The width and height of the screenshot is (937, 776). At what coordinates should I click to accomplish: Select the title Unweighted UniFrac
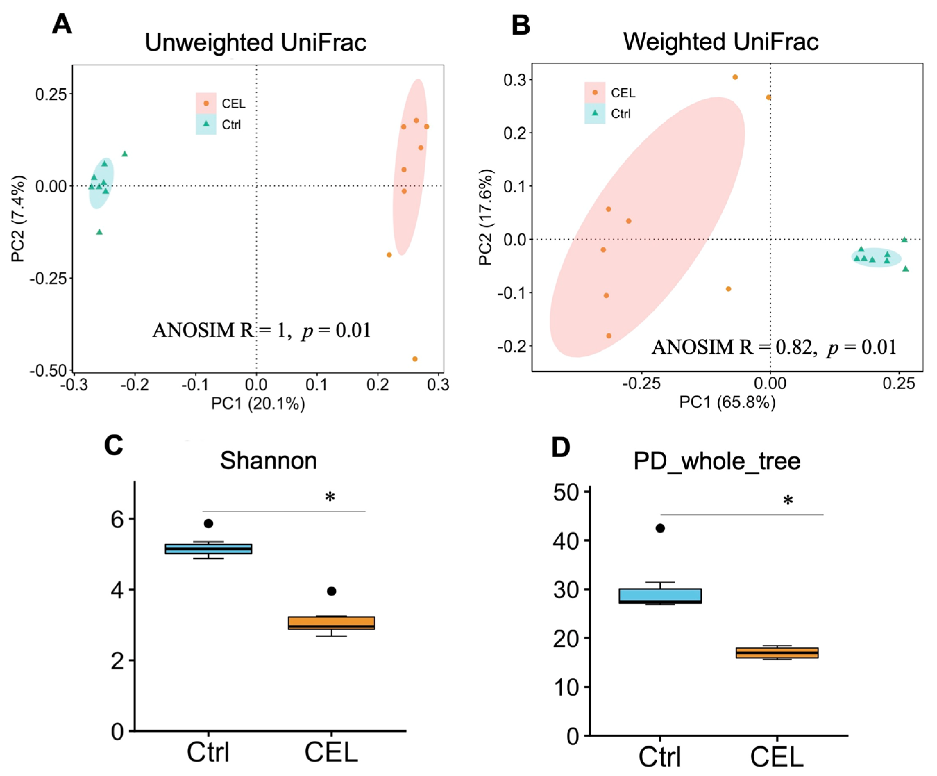[x=256, y=43]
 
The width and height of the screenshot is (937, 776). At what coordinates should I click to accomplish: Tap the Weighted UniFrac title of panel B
[x=720, y=42]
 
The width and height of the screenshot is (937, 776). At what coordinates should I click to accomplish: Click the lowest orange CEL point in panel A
[x=415, y=359]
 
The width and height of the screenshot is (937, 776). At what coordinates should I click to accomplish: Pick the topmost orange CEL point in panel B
[x=735, y=77]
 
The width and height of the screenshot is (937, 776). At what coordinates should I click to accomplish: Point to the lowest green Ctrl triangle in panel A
[x=100, y=232]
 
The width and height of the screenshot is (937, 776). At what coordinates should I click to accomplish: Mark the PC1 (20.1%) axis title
[x=258, y=404]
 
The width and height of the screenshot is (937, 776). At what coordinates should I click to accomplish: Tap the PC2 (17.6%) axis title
[x=485, y=217]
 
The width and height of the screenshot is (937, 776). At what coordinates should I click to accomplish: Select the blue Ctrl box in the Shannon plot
[x=208, y=549]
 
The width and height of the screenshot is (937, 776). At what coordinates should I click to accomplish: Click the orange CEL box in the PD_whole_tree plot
[x=777, y=653]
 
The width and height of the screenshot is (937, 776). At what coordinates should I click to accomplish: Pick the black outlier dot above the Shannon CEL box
[x=331, y=591]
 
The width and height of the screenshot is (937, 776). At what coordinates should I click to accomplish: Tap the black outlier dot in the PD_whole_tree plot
[x=660, y=529]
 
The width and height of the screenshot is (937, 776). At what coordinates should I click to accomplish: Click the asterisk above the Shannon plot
[x=330, y=496]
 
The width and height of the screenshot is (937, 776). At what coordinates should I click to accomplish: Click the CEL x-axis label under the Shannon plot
[x=331, y=752]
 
